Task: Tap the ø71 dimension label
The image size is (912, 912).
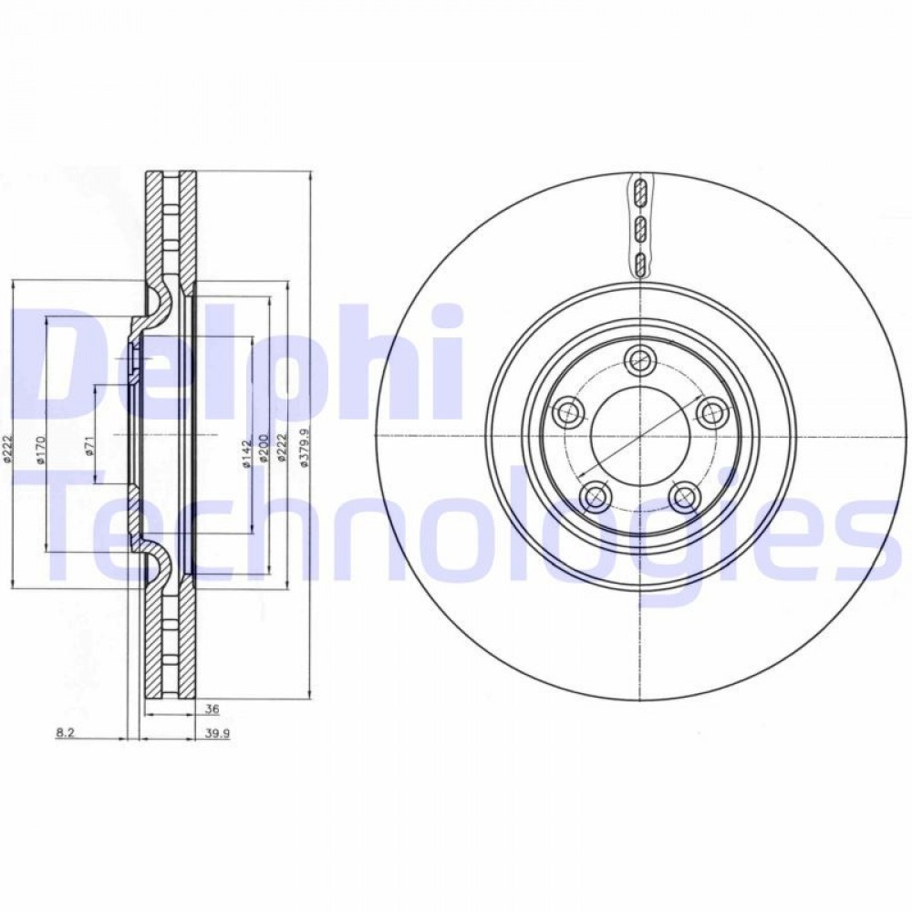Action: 89,446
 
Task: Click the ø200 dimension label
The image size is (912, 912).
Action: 264,447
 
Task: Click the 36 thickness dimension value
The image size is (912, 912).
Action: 212,709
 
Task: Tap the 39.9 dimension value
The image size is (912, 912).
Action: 218,733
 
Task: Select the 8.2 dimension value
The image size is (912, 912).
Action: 65,733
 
